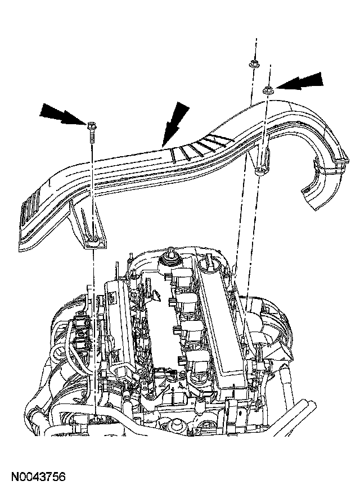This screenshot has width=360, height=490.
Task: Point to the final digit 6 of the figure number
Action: pos(62,478)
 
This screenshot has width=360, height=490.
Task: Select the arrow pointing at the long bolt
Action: pos(60,114)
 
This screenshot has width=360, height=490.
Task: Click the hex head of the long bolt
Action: pos(91,123)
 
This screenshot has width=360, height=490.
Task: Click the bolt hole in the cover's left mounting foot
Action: pos(92,242)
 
